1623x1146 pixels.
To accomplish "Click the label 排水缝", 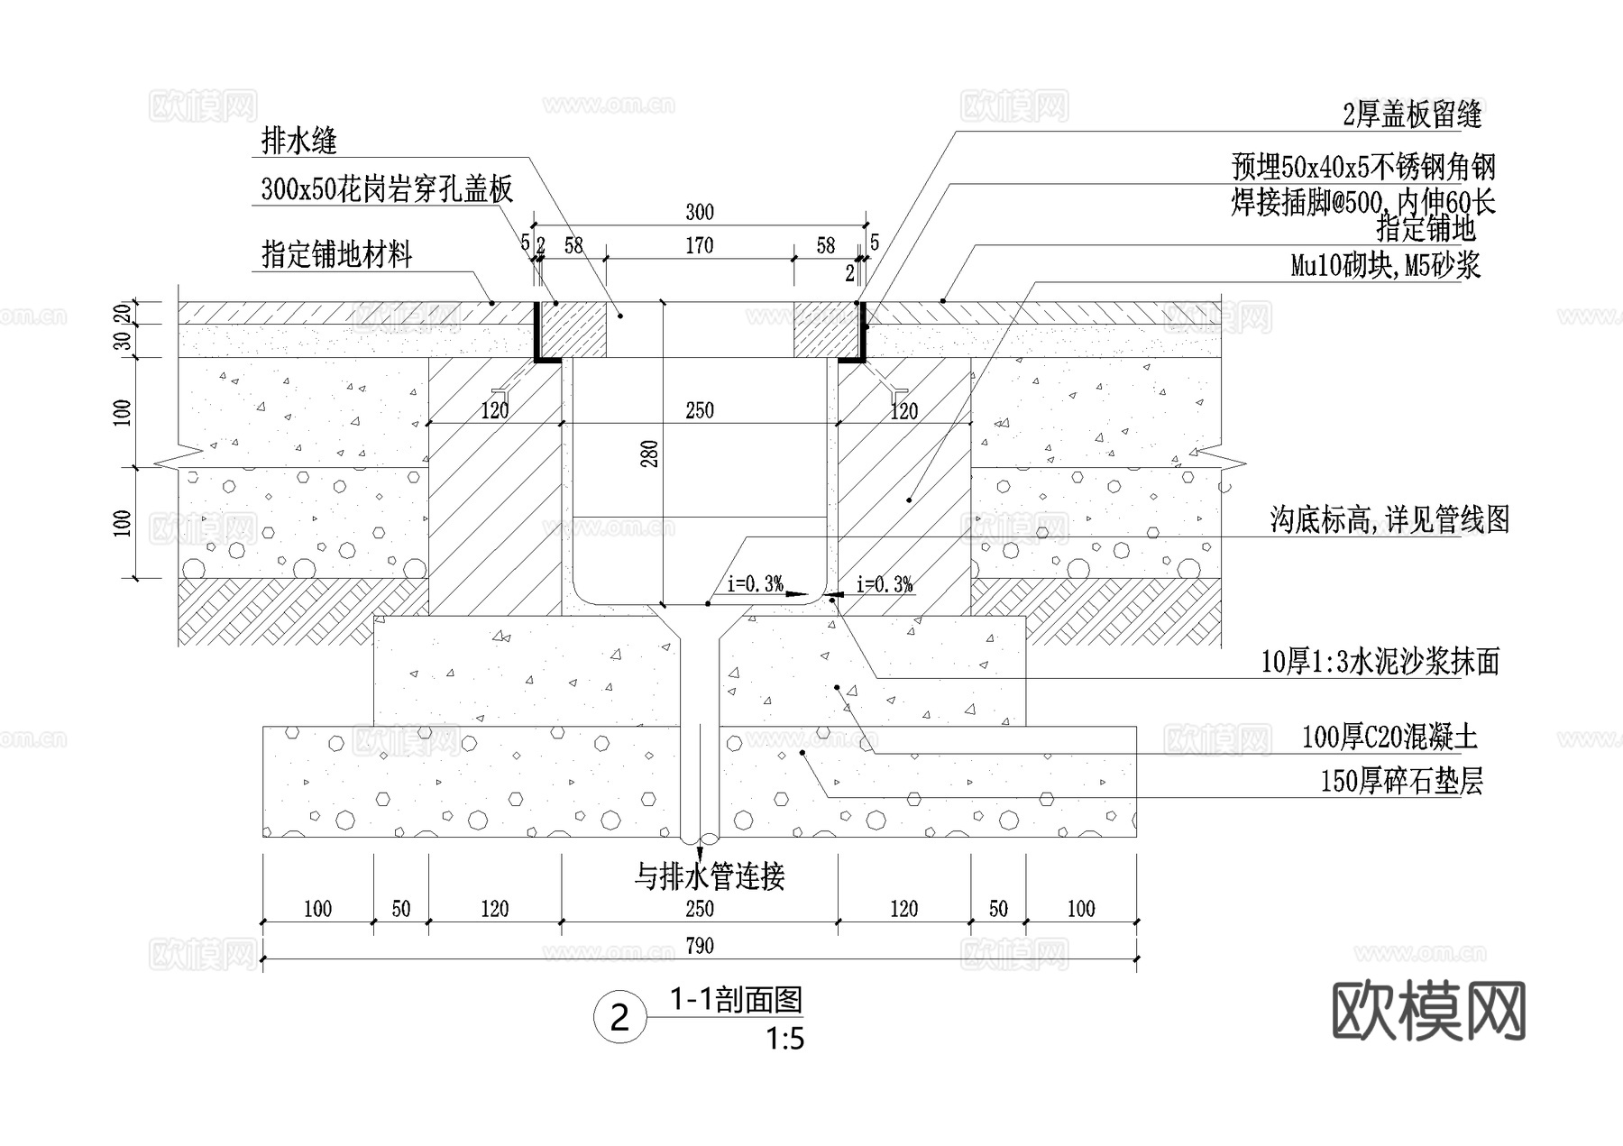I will (298, 141).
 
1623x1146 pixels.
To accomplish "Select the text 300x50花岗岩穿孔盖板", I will (387, 189).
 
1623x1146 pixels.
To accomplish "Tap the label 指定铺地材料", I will (336, 255).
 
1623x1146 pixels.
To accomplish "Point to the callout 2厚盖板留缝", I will (1412, 115).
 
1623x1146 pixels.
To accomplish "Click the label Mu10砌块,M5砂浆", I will (1385, 266).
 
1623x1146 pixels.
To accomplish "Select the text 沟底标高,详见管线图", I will (1389, 520).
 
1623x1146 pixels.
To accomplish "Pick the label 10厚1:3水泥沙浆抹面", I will (1380, 663).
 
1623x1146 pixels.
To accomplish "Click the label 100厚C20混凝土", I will (1389, 738).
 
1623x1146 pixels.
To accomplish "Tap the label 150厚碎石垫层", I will (1401, 781).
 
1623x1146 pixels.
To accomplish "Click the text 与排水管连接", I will (710, 876).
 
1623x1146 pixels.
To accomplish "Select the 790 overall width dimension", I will (699, 945).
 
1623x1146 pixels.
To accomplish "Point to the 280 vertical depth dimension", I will (649, 454).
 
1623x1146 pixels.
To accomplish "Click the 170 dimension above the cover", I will (699, 245).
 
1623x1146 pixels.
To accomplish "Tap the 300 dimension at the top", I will (699, 212).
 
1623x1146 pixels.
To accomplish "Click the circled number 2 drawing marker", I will (619, 1018).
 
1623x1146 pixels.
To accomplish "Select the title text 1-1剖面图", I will (736, 999).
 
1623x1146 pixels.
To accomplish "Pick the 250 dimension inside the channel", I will (699, 410).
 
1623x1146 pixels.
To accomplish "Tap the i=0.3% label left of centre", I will (755, 584).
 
